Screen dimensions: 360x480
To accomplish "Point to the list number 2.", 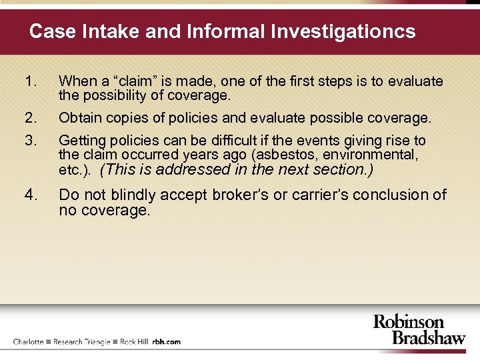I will point(29,118).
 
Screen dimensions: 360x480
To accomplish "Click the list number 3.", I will point(29,141).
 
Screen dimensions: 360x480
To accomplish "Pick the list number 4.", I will point(30,195).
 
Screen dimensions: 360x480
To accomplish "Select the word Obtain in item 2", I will point(79,118).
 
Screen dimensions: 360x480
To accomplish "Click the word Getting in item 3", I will point(81,141).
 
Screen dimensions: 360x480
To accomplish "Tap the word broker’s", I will point(243,195).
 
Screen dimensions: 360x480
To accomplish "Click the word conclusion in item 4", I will point(392,195).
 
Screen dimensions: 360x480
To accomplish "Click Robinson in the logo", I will point(409,322).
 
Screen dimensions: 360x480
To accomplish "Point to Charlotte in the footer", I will point(28,341).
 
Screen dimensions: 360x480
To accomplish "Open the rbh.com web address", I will point(166,341).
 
